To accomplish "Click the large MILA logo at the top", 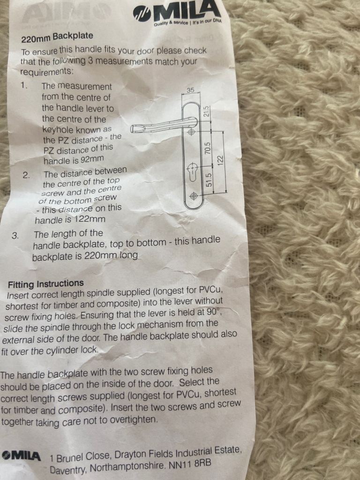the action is [177, 12].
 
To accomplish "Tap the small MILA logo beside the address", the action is [21, 456].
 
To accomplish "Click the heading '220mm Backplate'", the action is [57, 37].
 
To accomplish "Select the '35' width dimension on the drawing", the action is [190, 90].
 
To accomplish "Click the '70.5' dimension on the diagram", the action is [208, 148].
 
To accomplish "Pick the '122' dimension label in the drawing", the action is [220, 160].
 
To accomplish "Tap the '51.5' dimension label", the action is [209, 180].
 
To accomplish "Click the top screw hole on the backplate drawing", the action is [192, 132].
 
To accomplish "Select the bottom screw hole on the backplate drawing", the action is [193, 196].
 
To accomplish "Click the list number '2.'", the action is [26, 175].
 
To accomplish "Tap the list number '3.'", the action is [15, 236].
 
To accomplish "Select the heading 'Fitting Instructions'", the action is [46, 284].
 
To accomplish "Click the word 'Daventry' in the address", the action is [68, 469].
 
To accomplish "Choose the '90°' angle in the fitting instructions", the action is [213, 312].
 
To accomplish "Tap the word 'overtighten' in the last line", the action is [134, 420].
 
